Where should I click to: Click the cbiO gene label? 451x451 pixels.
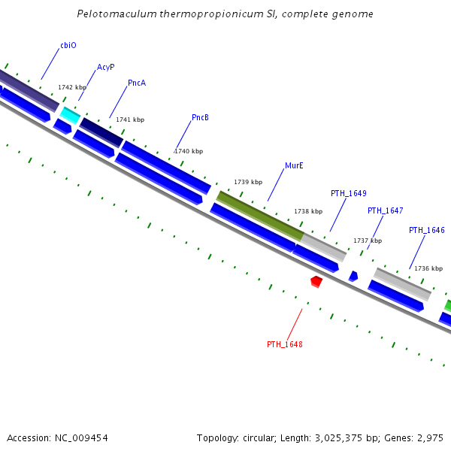click(68, 45)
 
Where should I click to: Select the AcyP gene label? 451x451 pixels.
click(106, 67)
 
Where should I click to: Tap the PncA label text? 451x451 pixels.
click(137, 83)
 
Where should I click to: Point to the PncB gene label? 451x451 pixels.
click(200, 117)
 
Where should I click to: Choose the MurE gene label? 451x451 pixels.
click(294, 165)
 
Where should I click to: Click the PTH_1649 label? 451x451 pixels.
click(349, 193)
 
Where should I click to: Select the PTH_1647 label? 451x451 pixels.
click(386, 210)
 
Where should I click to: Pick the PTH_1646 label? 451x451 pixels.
click(427, 230)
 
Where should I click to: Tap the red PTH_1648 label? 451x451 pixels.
click(285, 344)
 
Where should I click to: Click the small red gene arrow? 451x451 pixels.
click(316, 281)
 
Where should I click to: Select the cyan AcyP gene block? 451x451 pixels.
click(70, 115)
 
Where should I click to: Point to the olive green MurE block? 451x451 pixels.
click(260, 216)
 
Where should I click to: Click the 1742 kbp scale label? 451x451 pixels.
click(72, 87)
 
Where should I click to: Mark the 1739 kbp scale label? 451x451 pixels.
click(248, 182)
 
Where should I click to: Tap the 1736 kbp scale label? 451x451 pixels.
click(428, 268)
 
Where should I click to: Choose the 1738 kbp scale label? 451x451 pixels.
click(308, 211)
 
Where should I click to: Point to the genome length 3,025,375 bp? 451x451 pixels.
click(350, 437)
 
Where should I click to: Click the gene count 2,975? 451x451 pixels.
click(430, 437)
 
